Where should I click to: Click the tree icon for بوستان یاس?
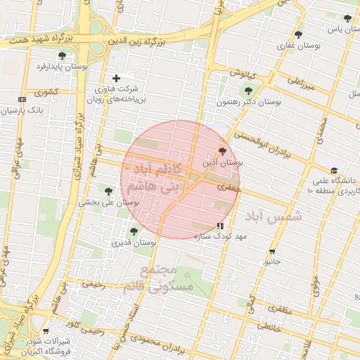pyautogui.click(x=347, y=18)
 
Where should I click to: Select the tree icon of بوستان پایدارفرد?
pyautogui.click(x=62, y=55)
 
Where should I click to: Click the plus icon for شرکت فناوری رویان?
pyautogui.click(x=116, y=78)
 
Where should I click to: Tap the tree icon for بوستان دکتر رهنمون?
pyautogui.click(x=247, y=90)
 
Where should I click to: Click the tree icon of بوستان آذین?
pyautogui.click(x=223, y=150)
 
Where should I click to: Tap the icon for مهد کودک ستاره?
pyautogui.click(x=221, y=226)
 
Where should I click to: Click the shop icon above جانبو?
pyautogui.click(x=272, y=250)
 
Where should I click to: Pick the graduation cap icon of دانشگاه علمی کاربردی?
pyautogui.click(x=334, y=171)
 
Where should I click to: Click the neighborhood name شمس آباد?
pyautogui.click(x=274, y=217)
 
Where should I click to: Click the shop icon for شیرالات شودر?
pyautogui.click(x=46, y=330)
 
